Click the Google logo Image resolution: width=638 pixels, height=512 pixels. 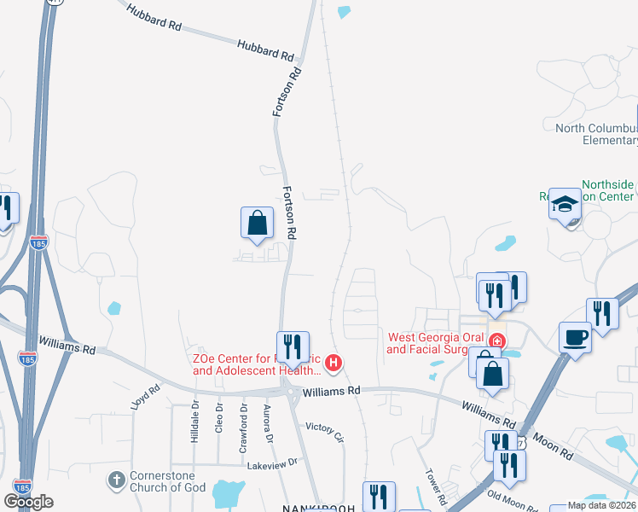(28, 502)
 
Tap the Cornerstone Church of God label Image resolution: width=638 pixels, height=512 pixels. (163, 481)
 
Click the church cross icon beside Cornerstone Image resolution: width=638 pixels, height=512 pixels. (117, 480)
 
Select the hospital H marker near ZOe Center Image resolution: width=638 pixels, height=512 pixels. (334, 364)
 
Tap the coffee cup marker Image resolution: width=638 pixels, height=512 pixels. (575, 337)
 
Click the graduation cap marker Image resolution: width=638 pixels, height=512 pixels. (565, 204)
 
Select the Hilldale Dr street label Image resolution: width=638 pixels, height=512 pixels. (194, 422)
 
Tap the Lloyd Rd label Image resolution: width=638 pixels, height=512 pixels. (146, 399)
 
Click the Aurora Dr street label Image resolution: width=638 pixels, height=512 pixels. (268, 424)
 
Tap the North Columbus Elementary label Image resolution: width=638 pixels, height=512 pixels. (596, 134)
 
